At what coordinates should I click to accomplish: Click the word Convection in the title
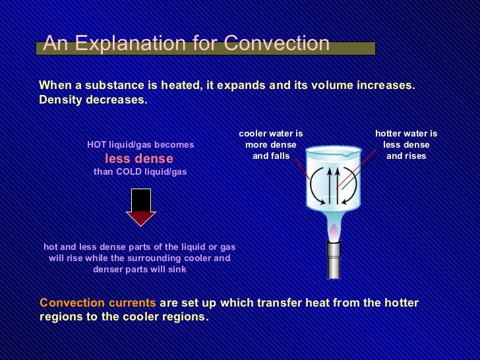tap(276, 44)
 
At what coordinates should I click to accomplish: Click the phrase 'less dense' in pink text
tap(139, 158)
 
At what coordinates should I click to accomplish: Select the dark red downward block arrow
tap(140, 208)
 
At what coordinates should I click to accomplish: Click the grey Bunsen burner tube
tap(334, 260)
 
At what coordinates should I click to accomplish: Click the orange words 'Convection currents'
tap(98, 303)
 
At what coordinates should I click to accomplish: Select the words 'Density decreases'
tap(93, 100)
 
